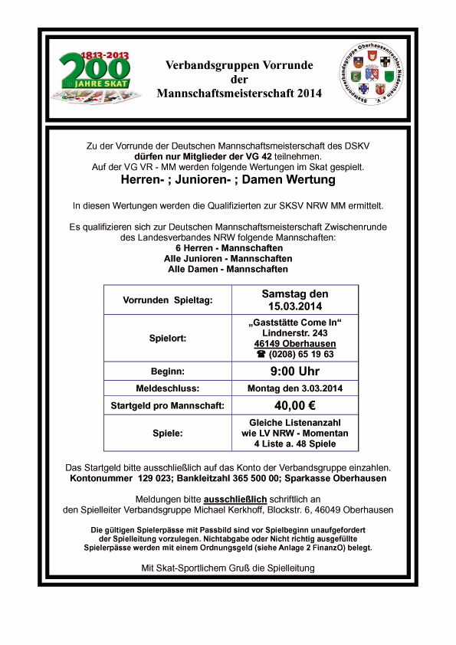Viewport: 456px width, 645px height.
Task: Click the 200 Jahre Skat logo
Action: tap(97, 77)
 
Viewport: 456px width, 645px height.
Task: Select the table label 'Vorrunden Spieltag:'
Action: tap(167, 300)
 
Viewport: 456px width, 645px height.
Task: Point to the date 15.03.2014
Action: tap(295, 306)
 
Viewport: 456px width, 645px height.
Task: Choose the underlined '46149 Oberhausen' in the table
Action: tap(295, 344)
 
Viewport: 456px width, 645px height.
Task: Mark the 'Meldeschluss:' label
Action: tap(167, 389)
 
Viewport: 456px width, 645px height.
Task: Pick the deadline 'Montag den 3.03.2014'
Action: tap(295, 389)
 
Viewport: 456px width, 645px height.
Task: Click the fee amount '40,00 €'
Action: tap(295, 405)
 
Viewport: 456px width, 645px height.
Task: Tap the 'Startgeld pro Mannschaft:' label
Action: tap(167, 405)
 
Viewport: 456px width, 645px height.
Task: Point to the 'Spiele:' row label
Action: tap(167, 433)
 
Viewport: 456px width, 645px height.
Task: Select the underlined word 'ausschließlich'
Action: tap(235, 498)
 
